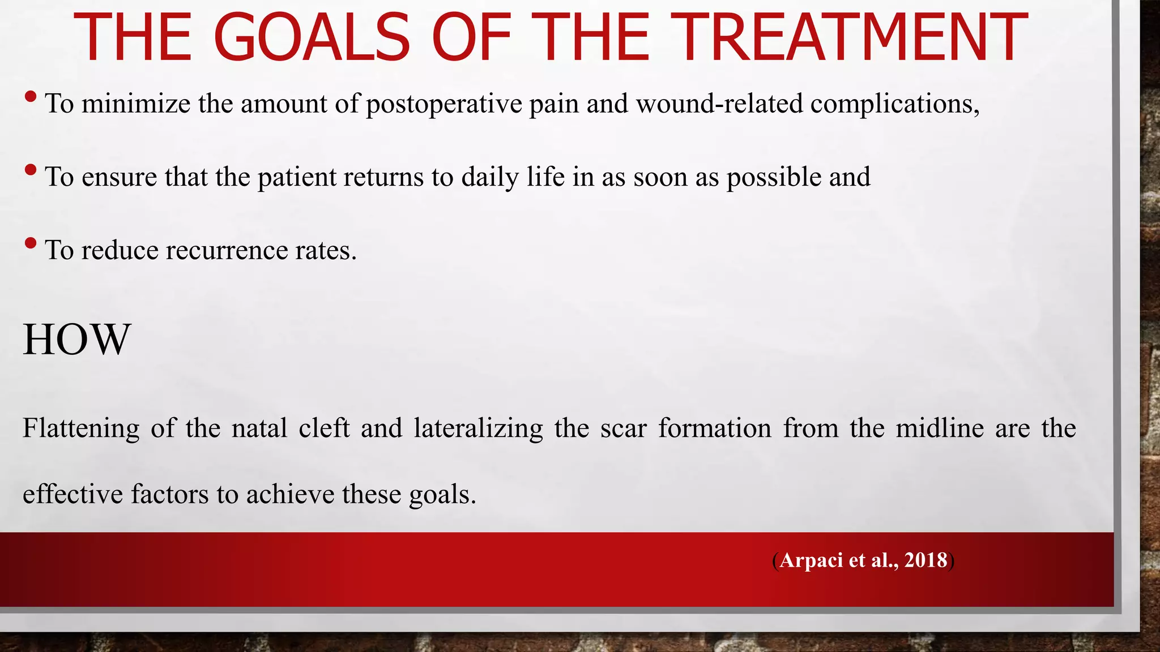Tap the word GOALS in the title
point(312,37)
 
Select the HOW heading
point(76,340)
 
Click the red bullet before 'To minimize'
point(31,97)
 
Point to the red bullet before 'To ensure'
point(31,170)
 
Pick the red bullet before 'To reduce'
point(31,244)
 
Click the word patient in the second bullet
point(297,177)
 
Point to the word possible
point(774,178)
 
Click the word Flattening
point(80,428)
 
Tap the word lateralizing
point(478,428)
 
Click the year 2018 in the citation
point(926,560)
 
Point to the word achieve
point(290,494)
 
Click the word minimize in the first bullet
point(136,104)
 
